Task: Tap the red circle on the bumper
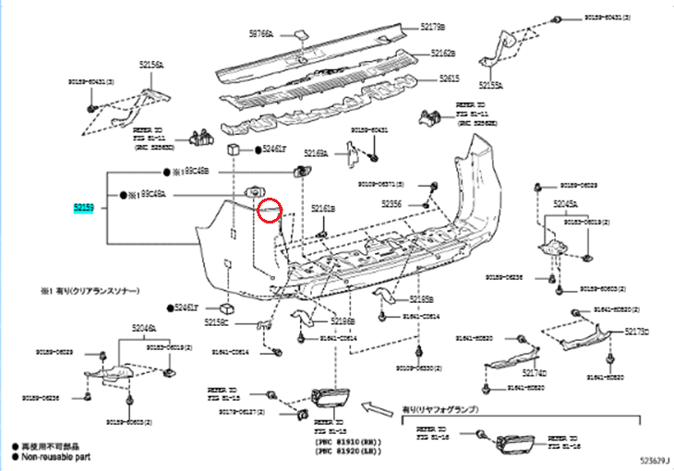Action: tap(271, 210)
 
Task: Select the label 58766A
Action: tap(262, 33)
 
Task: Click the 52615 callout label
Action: tap(449, 78)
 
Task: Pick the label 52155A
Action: tap(488, 85)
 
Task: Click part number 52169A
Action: tap(317, 154)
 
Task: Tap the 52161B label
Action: tap(323, 209)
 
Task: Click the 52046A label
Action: tap(143, 327)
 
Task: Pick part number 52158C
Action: tap(242, 322)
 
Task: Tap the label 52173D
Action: tap(636, 330)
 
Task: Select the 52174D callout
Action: tap(535, 373)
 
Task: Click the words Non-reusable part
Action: tap(56, 455)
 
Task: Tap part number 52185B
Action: tap(421, 299)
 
